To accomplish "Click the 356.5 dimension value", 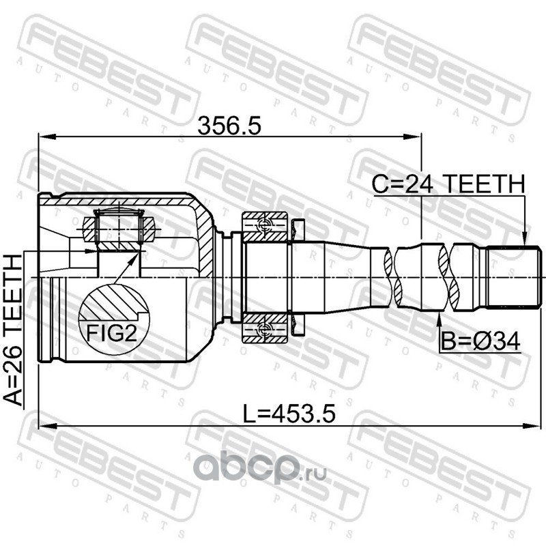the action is (229, 126).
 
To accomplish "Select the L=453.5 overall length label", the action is (289, 414).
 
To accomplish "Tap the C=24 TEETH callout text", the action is (448, 184).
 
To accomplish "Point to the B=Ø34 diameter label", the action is (480, 341).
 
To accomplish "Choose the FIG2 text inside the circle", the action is (111, 333).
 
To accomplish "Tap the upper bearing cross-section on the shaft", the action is (265, 227).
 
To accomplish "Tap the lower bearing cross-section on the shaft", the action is (265, 328).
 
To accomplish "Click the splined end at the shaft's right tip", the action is (513, 278).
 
